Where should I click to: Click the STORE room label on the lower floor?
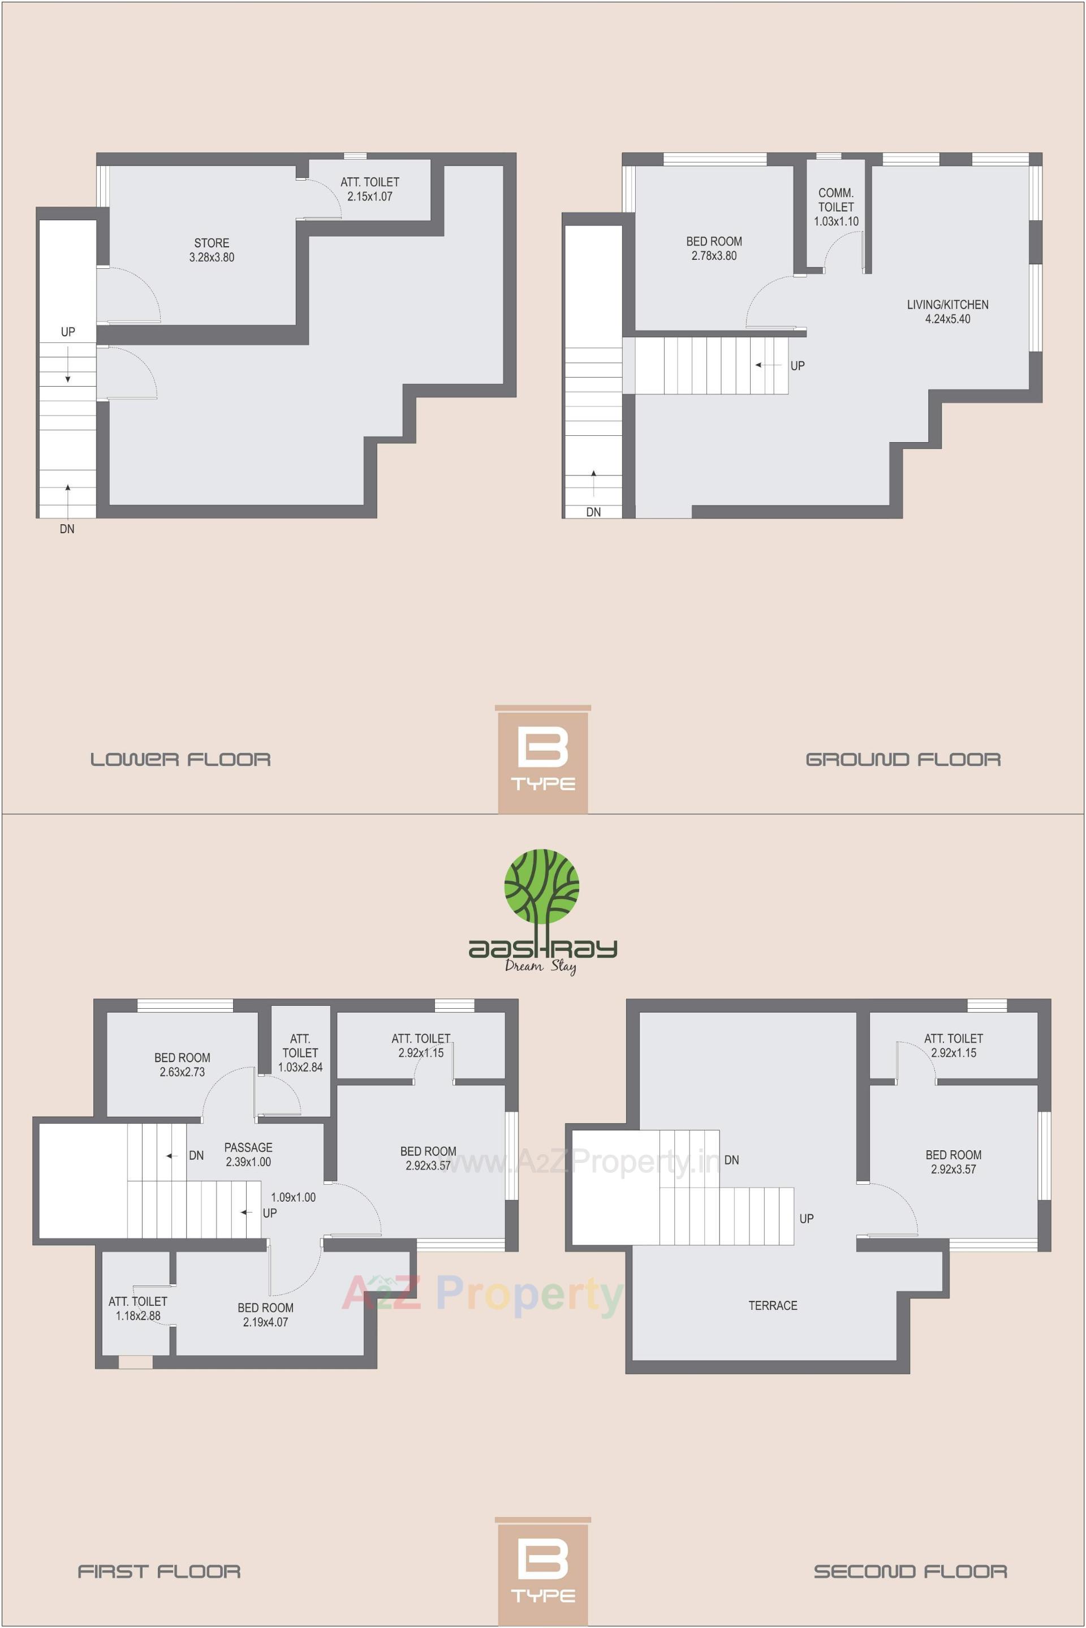pyautogui.click(x=211, y=243)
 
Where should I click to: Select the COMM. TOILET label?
pyautogui.click(x=836, y=200)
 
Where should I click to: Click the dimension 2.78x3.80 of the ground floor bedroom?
pyautogui.click(x=713, y=256)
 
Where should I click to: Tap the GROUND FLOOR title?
pyautogui.click(x=903, y=760)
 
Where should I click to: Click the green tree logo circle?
pyautogui.click(x=542, y=889)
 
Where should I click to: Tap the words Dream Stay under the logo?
pyautogui.click(x=541, y=966)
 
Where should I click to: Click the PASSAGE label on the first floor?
pyautogui.click(x=248, y=1148)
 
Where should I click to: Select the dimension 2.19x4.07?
pyautogui.click(x=265, y=1322)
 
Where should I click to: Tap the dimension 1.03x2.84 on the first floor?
pyautogui.click(x=300, y=1068)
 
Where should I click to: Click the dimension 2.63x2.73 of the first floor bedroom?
pyautogui.click(x=182, y=1072)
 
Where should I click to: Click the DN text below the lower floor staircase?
pyautogui.click(x=67, y=529)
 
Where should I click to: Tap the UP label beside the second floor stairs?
pyautogui.click(x=806, y=1218)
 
